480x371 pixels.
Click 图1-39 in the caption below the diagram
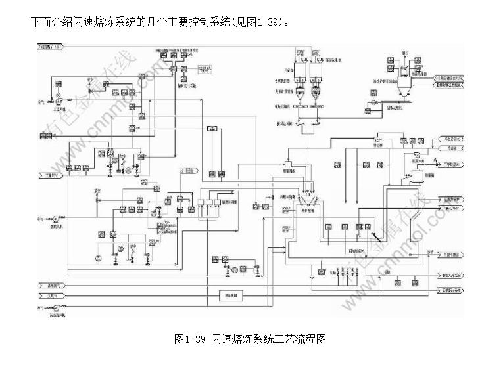(x=191, y=339)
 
